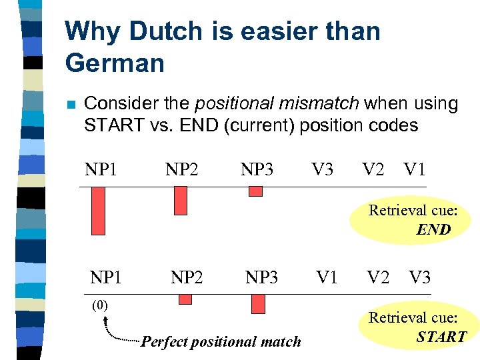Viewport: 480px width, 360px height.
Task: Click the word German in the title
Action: [x=115, y=63]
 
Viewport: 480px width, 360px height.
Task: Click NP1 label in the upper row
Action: [x=101, y=169]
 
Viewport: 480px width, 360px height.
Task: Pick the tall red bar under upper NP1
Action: [x=98, y=211]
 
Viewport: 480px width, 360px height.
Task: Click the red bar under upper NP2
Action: [x=180, y=200]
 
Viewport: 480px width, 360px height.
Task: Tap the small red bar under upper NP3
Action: [x=255, y=191]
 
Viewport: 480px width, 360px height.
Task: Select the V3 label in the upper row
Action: [x=323, y=169]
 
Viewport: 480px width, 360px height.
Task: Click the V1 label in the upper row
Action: [x=415, y=169]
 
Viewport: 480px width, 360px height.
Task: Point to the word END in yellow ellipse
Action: [x=433, y=230]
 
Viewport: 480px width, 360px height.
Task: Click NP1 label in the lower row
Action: [x=107, y=277]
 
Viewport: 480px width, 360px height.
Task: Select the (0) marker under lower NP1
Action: [x=99, y=306]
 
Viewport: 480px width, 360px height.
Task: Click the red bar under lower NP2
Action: [x=185, y=299]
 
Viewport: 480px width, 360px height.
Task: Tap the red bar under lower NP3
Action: [x=258, y=304]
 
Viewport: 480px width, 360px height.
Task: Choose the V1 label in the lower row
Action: [x=327, y=277]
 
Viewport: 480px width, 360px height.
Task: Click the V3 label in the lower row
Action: [x=420, y=277]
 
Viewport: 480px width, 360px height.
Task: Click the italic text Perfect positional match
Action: [x=221, y=342]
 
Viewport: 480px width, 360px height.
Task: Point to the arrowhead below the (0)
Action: [x=105, y=321]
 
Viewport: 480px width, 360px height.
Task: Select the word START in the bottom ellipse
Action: [x=441, y=337]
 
